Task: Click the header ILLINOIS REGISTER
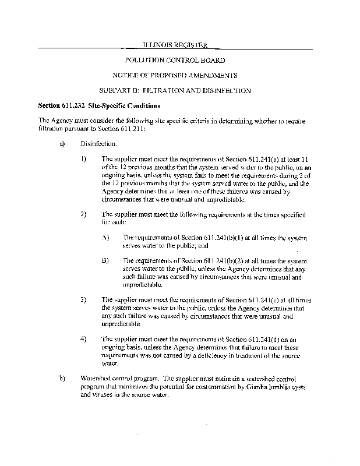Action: click(x=175, y=44)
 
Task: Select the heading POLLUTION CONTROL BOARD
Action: click(x=175, y=60)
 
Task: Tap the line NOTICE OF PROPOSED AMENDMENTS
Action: click(x=175, y=75)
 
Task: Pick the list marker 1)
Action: click(x=84, y=158)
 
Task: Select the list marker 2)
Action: click(x=84, y=214)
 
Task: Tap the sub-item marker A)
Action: click(x=105, y=238)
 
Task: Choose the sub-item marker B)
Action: click(x=105, y=260)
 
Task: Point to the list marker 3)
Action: click(x=84, y=299)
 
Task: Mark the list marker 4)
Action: click(x=84, y=338)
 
